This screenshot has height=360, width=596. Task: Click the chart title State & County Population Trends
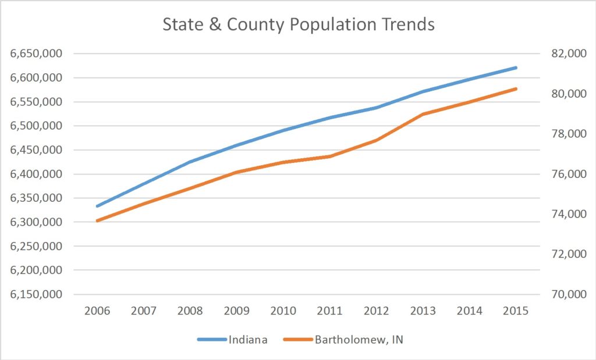tap(298, 24)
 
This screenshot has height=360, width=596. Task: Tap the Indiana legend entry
tap(247, 340)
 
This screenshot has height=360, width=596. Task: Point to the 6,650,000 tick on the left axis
tap(37, 54)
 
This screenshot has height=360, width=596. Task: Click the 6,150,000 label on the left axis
tap(37, 294)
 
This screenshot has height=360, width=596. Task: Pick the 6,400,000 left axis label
tap(37, 174)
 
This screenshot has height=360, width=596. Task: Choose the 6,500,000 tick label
tap(37, 126)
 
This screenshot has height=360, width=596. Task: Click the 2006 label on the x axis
tap(97, 311)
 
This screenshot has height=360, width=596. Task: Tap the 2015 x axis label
tap(516, 311)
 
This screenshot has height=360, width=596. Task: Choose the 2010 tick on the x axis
tap(283, 311)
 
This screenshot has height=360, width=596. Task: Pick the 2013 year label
tap(423, 311)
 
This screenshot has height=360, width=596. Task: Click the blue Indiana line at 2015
tap(516, 67)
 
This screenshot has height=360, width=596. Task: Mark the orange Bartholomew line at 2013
tap(423, 113)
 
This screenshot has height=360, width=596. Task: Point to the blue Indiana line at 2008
tap(190, 162)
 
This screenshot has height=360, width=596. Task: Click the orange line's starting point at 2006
tap(97, 220)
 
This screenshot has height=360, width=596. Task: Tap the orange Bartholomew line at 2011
tap(330, 156)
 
